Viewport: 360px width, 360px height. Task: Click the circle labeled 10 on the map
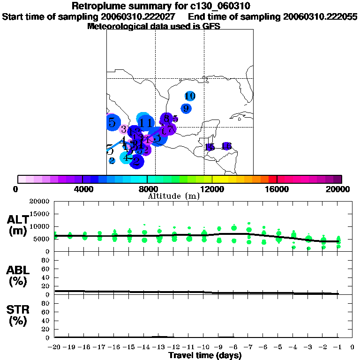tap(190, 96)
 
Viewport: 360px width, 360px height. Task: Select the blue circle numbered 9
tap(186, 108)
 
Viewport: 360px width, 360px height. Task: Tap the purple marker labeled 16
tap(226, 147)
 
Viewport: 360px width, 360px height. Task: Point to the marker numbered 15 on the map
tap(210, 147)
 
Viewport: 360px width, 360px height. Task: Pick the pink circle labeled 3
tap(124, 129)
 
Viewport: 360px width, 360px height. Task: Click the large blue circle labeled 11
tap(146, 123)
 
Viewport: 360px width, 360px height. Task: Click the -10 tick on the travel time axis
tap(203, 347)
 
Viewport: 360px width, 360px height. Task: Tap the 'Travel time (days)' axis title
tap(205, 355)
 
